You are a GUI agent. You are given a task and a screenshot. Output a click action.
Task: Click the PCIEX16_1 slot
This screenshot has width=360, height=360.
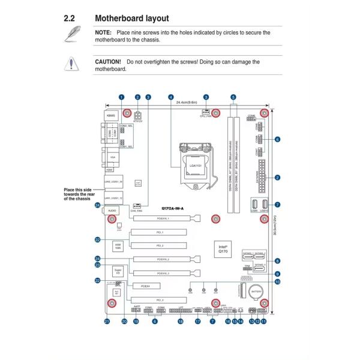pos(159,220)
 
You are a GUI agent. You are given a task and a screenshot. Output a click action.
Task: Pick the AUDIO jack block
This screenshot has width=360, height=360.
pos(112,211)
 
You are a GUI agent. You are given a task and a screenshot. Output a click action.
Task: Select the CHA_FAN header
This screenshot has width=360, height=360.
pos(136,205)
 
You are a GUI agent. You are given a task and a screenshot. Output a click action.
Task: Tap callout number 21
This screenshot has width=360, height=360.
pos(107,322)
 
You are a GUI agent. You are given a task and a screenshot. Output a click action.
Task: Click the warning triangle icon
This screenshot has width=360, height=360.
pos(73,64)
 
